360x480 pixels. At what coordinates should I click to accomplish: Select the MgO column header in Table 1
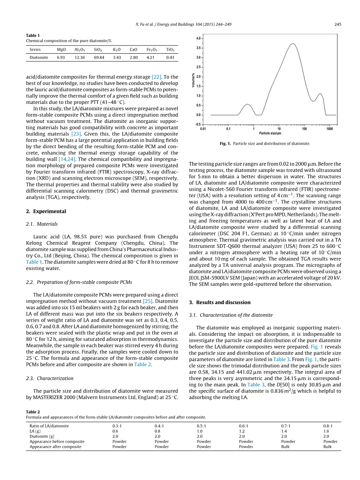coord(61,50)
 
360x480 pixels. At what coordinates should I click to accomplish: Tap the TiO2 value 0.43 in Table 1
coord(170,58)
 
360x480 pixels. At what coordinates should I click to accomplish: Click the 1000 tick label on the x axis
coord(330,128)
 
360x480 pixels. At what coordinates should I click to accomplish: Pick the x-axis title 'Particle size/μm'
coord(270,133)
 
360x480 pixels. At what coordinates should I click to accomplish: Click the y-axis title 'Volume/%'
coord(193,81)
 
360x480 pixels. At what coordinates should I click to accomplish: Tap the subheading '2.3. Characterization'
coord(49,378)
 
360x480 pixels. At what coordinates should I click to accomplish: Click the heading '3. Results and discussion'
coord(220,302)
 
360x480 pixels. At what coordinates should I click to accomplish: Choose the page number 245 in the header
coord(337,24)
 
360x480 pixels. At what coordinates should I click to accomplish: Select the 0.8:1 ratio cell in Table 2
coord(328,426)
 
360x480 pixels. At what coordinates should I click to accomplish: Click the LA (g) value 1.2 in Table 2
coord(242,431)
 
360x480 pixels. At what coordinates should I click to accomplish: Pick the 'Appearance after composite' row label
coord(55,447)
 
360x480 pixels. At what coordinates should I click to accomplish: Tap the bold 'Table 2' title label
coord(33,412)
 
